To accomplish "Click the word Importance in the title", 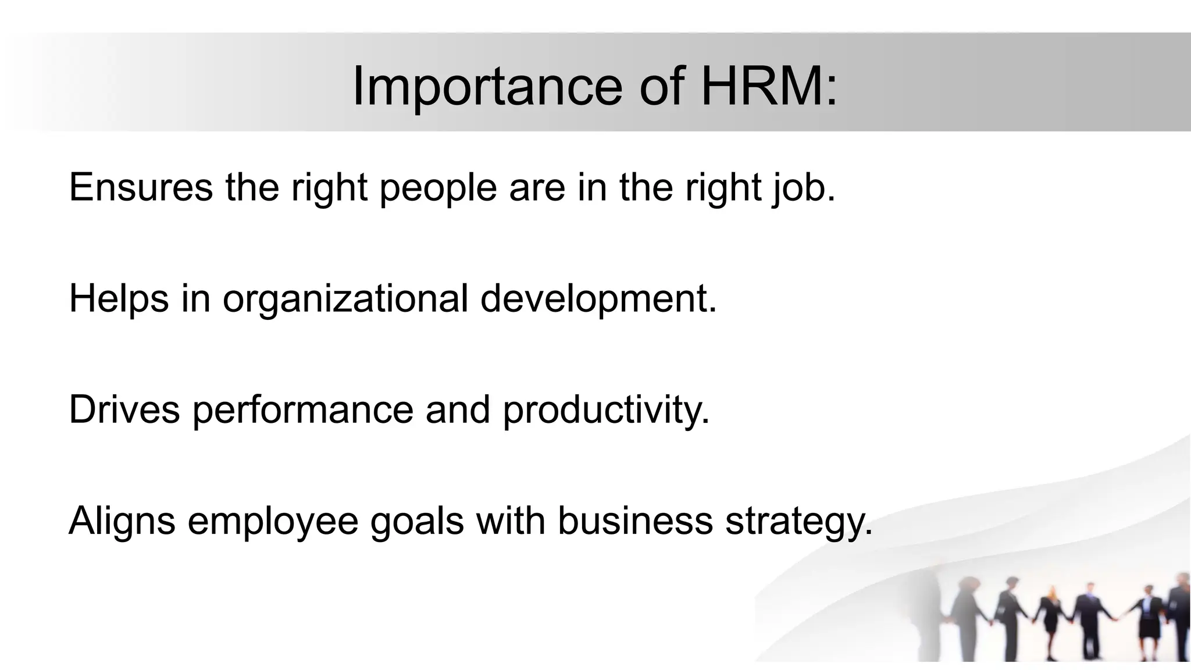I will coord(487,87).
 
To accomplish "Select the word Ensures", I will coord(141,187).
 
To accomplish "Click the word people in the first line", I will coord(438,188).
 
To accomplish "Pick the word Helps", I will coord(119,299).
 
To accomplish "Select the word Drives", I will coord(124,409).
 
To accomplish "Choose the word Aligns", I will coord(122,521).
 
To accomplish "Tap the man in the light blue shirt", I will coord(1085,616).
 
